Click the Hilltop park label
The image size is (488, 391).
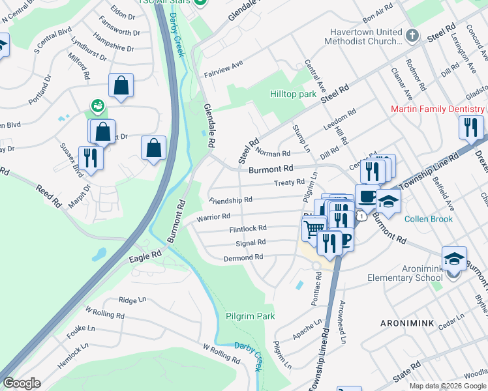293,94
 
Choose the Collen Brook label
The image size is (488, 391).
428,219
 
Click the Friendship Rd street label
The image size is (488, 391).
230,200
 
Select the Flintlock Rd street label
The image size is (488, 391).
247,229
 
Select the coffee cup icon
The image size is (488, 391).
367,195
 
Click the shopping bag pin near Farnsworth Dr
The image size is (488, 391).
121,85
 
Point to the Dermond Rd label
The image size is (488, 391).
243,257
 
